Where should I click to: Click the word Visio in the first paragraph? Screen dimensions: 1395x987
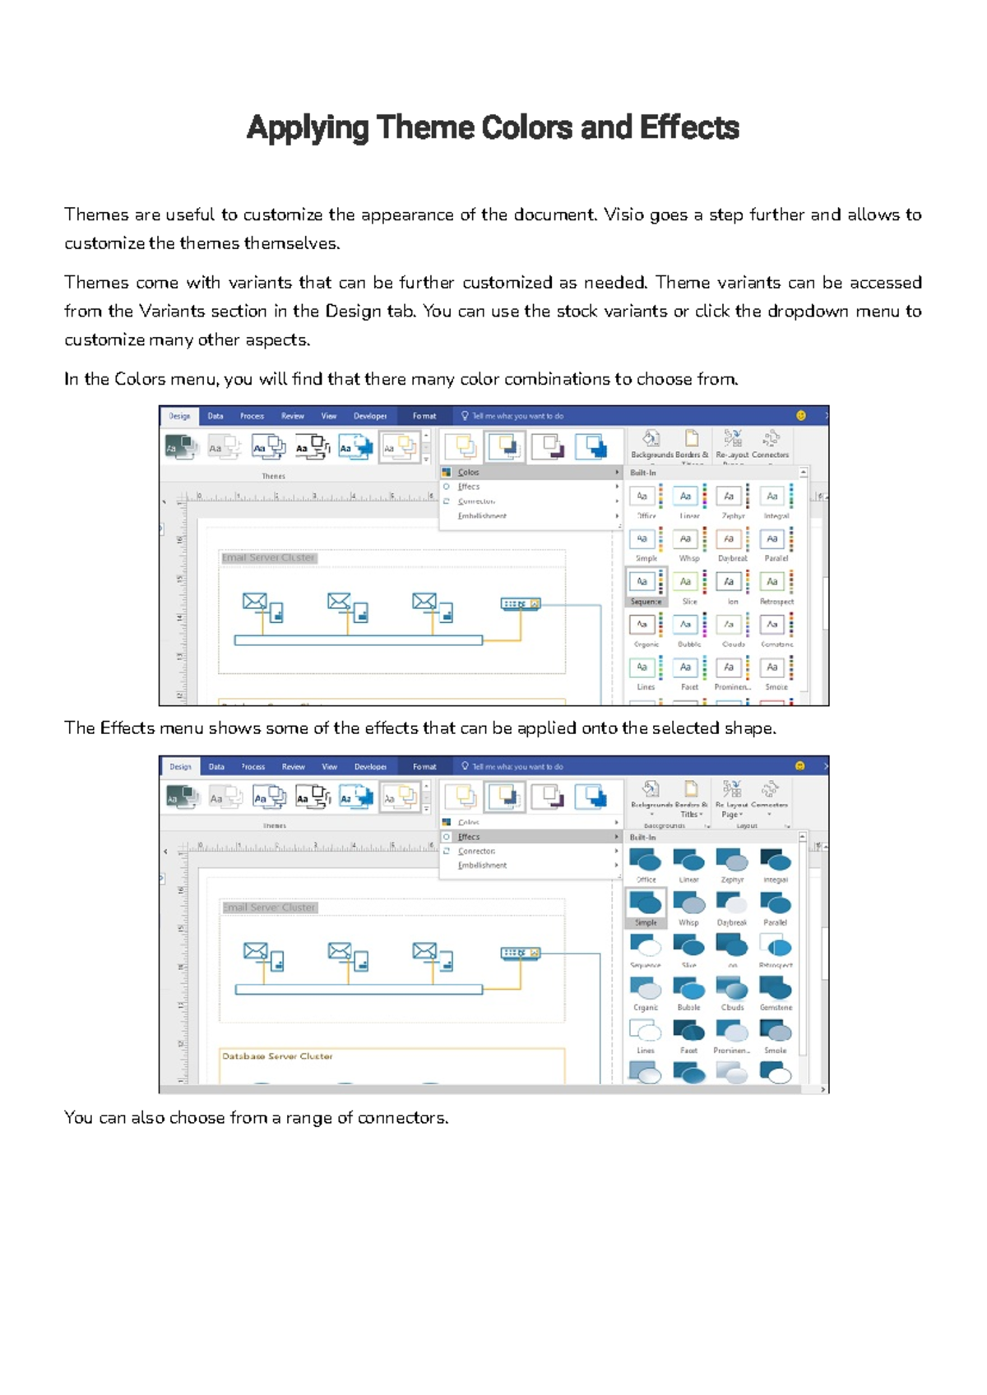623,215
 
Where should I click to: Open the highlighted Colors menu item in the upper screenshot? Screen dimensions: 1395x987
469,473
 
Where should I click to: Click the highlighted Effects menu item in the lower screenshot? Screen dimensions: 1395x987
469,837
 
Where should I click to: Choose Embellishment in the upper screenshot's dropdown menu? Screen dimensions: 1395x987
482,516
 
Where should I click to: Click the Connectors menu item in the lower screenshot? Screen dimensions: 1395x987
476,852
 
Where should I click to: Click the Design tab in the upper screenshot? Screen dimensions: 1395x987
179,416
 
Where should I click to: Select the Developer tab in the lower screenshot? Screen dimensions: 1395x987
370,766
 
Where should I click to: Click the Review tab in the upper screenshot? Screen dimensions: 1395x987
292,416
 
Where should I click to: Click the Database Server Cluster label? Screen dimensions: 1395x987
277,1056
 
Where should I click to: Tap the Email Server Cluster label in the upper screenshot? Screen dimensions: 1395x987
268,557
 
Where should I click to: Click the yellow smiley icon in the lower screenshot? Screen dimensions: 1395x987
799,766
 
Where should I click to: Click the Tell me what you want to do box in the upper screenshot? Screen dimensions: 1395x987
517,416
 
